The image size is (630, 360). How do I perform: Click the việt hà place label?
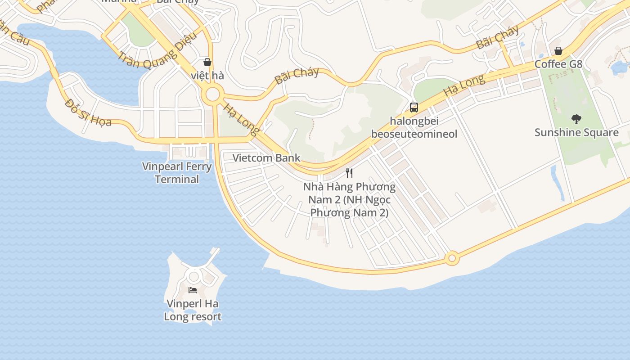pos(207,75)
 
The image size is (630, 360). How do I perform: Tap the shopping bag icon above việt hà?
pos(207,62)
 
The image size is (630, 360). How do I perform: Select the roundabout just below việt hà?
pos(212,95)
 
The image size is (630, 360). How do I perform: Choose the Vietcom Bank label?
pos(266,158)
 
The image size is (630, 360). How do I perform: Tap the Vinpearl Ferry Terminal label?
pos(177,173)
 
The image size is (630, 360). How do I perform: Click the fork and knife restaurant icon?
pos(349,173)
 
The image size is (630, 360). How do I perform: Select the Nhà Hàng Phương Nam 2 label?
pos(349,199)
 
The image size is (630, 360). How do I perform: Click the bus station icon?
pos(414,108)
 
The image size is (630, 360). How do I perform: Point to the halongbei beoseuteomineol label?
pos(414,127)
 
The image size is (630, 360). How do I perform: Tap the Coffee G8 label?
pos(558,64)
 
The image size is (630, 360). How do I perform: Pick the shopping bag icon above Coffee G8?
pos(558,51)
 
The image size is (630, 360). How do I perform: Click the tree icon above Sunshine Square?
pos(576,119)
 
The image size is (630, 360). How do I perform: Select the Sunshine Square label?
pos(576,132)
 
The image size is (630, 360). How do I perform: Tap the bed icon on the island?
pos(193,290)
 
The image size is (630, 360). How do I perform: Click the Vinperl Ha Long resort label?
pos(193,310)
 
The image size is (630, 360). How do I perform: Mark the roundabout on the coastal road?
pos(452,258)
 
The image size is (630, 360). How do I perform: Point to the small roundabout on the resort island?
pos(193,276)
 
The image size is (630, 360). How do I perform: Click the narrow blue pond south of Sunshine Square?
pos(558,183)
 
